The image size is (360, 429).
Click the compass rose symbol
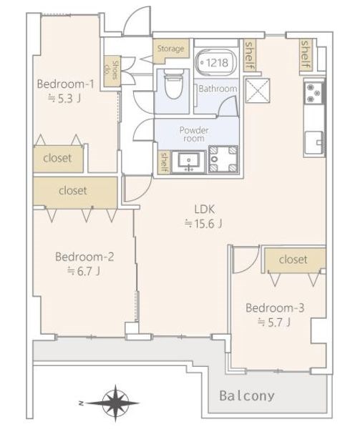115,403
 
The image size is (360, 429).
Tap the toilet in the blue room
173,84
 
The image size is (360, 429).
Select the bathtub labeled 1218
217,63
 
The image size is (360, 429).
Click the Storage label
170,49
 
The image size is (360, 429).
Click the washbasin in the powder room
189,162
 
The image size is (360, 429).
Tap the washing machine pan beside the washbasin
223,159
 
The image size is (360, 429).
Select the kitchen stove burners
313,93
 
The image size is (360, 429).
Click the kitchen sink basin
314,142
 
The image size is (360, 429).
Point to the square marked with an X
258,91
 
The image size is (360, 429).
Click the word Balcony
247,396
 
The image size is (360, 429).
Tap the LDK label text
204,209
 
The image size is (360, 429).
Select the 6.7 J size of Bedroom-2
84,271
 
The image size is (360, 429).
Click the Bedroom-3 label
275,307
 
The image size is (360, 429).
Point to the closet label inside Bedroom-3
293,260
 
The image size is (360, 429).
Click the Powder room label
194,134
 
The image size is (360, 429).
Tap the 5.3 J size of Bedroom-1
64,98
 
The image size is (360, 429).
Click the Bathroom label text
218,89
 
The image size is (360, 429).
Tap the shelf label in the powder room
164,162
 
